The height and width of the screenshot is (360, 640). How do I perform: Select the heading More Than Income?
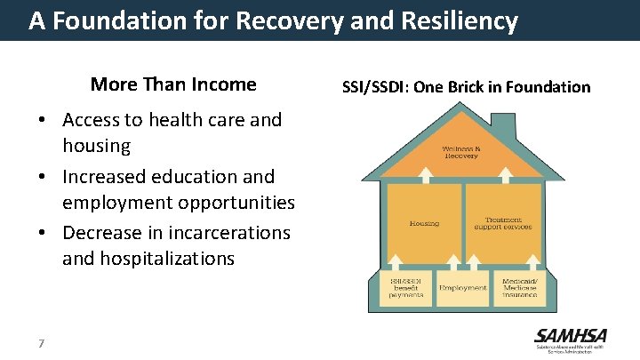(x=173, y=84)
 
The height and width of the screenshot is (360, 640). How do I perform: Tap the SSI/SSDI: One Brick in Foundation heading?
(x=467, y=86)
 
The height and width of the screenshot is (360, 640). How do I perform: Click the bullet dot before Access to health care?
(x=43, y=120)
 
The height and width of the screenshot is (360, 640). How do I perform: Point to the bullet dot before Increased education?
(x=43, y=177)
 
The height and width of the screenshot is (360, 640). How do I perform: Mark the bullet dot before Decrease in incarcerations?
(x=43, y=233)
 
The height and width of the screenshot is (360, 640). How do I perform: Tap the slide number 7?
(x=42, y=343)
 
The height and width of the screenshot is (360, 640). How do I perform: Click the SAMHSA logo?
(x=570, y=340)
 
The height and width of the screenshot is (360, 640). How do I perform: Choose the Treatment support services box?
(x=503, y=222)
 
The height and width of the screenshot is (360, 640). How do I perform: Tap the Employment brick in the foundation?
(x=462, y=288)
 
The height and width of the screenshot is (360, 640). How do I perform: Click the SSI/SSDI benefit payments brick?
(x=402, y=288)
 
